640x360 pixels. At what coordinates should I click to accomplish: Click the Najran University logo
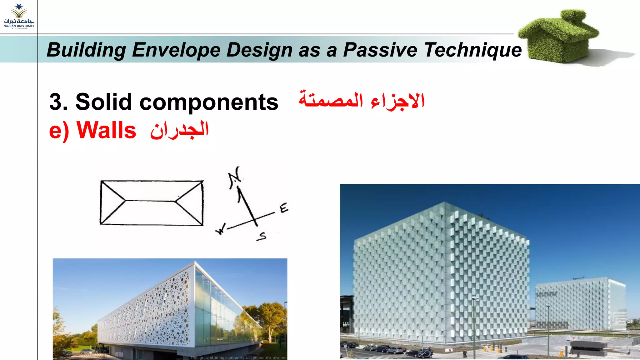click(x=19, y=16)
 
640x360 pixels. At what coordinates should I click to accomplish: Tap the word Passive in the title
click(x=380, y=50)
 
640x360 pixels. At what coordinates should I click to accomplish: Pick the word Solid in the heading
click(x=103, y=102)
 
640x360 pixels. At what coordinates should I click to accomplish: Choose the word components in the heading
click(x=209, y=102)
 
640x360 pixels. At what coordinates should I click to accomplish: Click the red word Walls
click(x=106, y=130)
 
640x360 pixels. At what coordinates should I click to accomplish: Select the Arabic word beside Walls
click(x=179, y=130)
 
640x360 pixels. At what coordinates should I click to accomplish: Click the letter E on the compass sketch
click(x=284, y=208)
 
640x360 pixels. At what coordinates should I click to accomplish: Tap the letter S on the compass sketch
click(x=262, y=237)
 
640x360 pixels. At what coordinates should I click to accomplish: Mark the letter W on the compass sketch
click(x=221, y=229)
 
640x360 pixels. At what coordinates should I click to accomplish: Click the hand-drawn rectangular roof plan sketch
click(x=152, y=202)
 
